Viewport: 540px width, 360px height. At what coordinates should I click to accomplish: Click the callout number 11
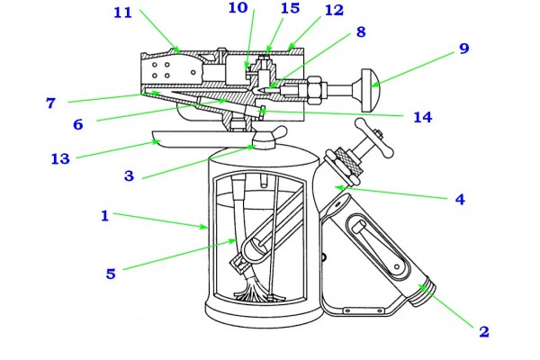(x=123, y=13)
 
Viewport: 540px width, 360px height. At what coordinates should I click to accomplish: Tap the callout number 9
(x=464, y=49)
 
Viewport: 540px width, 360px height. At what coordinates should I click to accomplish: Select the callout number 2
(x=484, y=331)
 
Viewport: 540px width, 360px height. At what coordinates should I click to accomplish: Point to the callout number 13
(x=60, y=158)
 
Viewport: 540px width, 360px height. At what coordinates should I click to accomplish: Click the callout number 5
(x=111, y=274)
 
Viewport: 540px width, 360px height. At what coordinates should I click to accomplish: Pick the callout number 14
(x=423, y=118)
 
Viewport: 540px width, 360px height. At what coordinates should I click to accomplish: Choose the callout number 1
(x=105, y=216)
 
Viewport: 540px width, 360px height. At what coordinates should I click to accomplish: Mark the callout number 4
(x=460, y=199)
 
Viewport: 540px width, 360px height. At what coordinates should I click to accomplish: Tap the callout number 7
(x=50, y=103)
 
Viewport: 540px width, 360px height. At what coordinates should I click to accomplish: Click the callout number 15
(x=291, y=8)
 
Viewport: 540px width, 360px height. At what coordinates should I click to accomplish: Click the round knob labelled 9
(x=370, y=90)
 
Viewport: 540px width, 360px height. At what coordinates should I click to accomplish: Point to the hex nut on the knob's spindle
(x=316, y=90)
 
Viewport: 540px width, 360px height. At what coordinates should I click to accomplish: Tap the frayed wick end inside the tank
(x=253, y=290)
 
